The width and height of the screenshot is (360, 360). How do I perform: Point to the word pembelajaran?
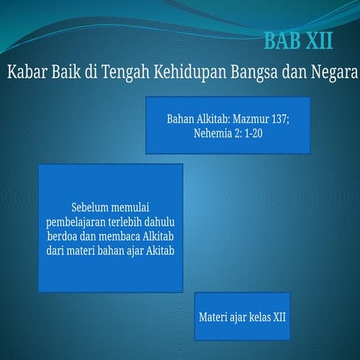point(80,221)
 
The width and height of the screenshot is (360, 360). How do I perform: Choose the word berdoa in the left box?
point(64,235)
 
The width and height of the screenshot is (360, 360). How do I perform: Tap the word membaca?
point(124,235)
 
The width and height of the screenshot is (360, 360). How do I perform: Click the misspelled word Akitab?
point(159,250)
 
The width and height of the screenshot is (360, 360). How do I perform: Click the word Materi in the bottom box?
point(213,316)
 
